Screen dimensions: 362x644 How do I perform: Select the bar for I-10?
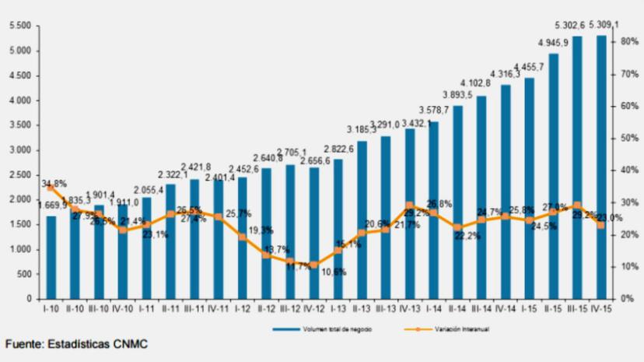(x=51, y=257)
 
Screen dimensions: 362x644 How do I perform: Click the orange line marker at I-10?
(x=51, y=188)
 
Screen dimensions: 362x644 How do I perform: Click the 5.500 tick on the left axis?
(x=19, y=26)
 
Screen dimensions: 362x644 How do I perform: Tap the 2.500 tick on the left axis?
(x=19, y=175)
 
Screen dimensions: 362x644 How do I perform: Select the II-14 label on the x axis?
(x=457, y=310)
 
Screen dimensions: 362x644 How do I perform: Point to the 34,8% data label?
(x=54, y=184)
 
